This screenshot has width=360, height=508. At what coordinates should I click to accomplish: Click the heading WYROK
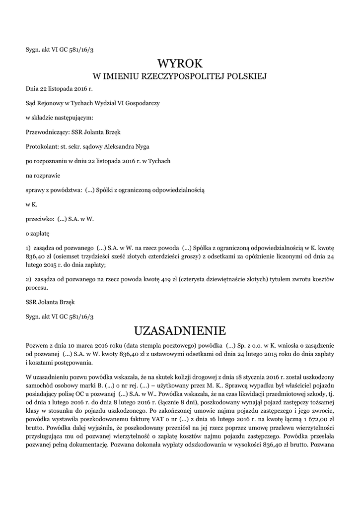tap(180, 63)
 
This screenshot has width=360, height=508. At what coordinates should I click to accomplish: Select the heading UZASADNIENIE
tap(180, 330)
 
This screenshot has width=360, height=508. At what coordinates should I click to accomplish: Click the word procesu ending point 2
tap(37, 288)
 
